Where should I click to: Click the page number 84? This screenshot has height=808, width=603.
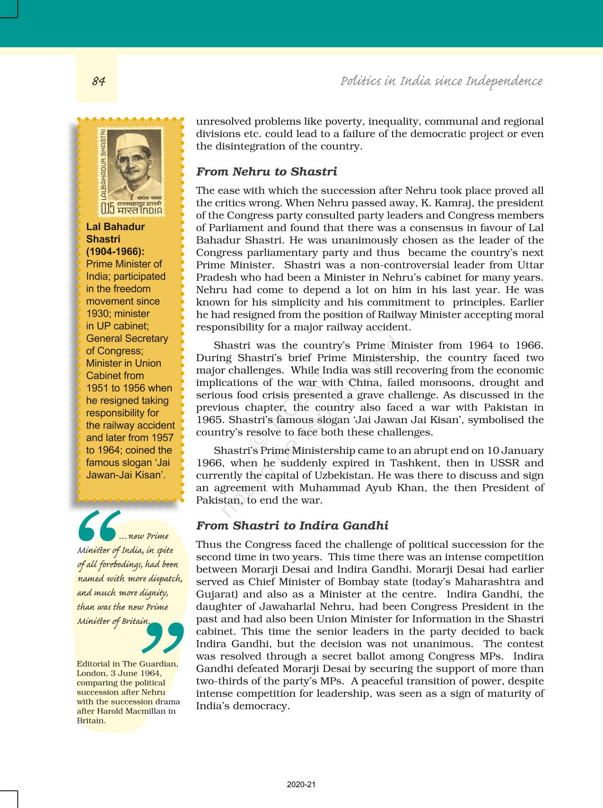point(98,81)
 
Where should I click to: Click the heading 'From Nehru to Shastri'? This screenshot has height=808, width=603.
point(266,172)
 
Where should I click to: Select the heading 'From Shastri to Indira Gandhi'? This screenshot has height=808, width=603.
point(292,526)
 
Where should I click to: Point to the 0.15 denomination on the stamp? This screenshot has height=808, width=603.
point(108,208)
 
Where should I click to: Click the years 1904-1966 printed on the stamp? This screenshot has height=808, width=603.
point(149,197)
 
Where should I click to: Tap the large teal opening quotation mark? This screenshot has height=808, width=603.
point(97,525)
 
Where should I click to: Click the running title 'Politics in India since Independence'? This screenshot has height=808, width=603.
point(441,81)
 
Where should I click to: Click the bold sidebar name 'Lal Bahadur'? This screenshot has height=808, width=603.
point(115,227)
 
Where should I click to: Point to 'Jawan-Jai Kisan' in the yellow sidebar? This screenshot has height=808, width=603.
point(125,475)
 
